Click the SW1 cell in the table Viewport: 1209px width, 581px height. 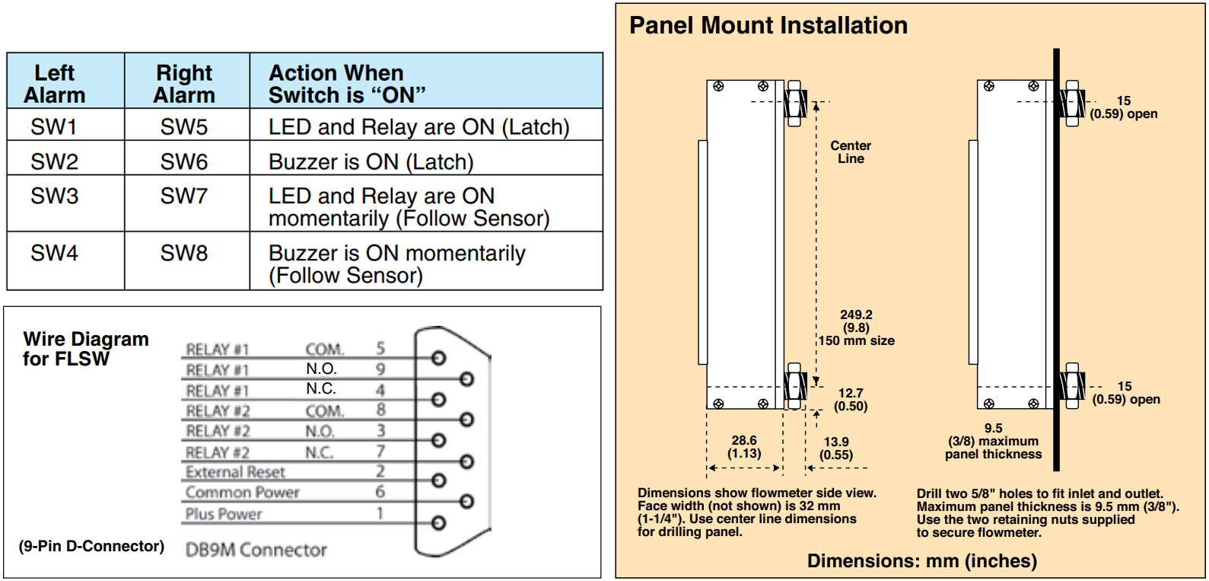click(x=54, y=127)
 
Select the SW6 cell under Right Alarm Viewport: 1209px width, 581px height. click(x=183, y=161)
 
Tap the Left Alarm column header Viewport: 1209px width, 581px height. click(x=54, y=84)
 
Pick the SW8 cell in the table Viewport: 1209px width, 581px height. click(x=183, y=253)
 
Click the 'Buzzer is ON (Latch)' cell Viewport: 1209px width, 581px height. click(x=371, y=161)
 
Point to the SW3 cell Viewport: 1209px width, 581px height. click(x=54, y=196)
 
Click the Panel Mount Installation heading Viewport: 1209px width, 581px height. click(x=768, y=26)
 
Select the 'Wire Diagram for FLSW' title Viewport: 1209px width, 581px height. click(x=85, y=348)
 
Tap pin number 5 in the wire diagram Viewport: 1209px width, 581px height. click(x=380, y=348)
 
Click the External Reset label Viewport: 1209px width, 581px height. click(x=235, y=472)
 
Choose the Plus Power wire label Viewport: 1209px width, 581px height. click(x=223, y=514)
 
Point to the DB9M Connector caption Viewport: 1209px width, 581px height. click(x=256, y=550)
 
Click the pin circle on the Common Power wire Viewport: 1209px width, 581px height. click(x=466, y=502)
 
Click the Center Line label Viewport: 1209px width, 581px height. click(x=851, y=152)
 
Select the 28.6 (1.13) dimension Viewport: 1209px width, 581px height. click(x=743, y=447)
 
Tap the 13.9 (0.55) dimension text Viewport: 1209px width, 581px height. click(x=835, y=449)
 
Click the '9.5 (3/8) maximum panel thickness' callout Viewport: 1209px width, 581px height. click(x=993, y=441)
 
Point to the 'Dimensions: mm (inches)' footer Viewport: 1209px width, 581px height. click(x=921, y=561)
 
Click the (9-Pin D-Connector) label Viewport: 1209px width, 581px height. click(x=91, y=546)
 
